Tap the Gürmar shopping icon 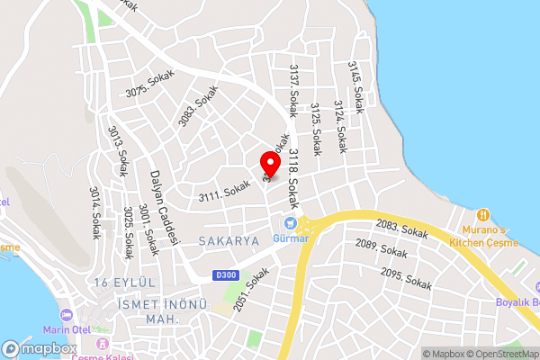pos(291,222)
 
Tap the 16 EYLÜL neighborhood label pos(125,283)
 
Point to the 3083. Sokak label pos(198,106)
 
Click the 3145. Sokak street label pos(356,86)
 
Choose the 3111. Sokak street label pos(224,189)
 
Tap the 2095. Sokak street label pos(407,277)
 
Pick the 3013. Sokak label pos(117,151)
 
